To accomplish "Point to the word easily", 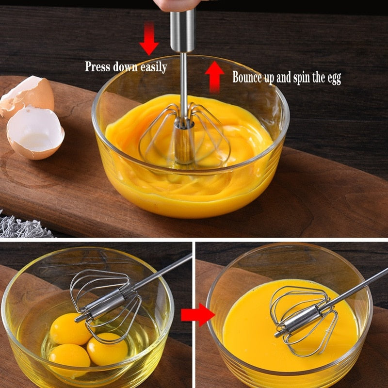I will (154, 67).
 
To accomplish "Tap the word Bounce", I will (248, 77).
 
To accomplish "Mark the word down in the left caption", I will (125, 66).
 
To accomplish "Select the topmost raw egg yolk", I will (70, 328).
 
